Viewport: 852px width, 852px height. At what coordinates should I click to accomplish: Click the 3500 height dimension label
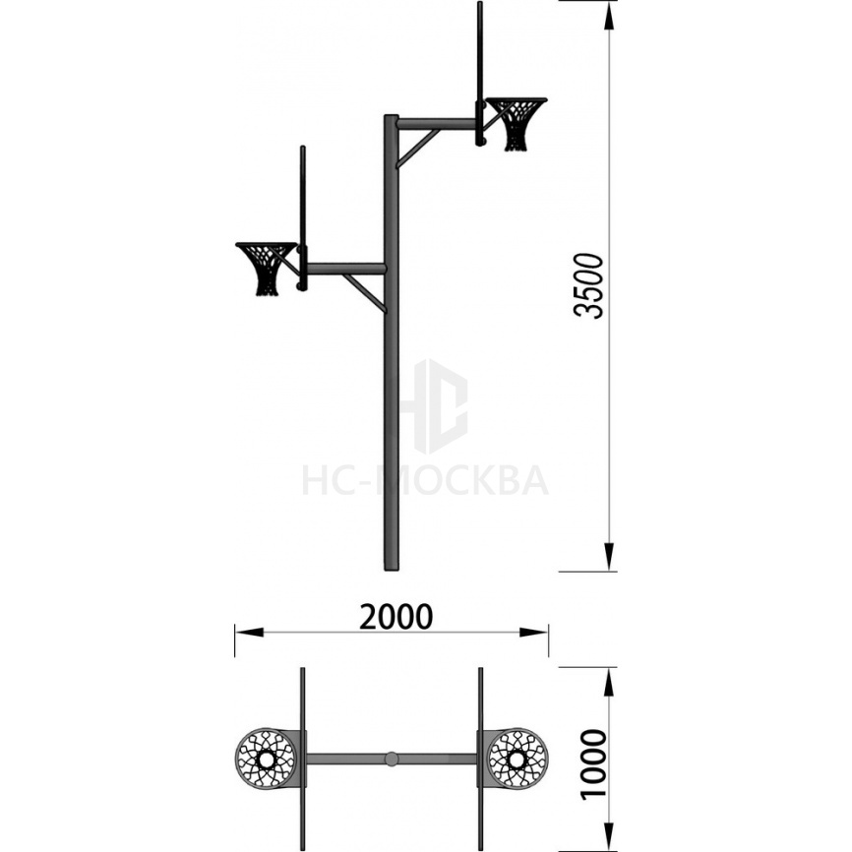589,286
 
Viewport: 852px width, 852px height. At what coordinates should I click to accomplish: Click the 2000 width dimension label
396,617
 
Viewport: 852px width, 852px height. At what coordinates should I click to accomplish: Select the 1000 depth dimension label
593,764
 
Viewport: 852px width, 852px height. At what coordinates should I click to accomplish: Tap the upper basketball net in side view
516,124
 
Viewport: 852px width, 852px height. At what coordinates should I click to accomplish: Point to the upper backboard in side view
479,74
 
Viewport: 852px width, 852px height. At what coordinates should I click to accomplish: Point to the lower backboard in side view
303,217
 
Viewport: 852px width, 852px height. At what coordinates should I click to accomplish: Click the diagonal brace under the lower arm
365,293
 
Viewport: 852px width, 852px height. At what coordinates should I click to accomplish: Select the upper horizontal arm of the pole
437,123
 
